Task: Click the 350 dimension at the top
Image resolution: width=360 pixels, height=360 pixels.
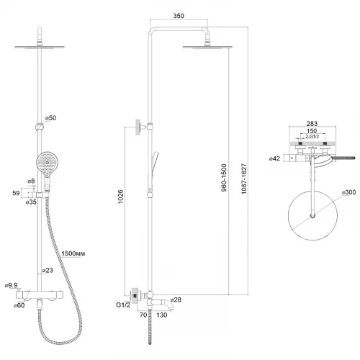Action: pyautogui.click(x=179, y=16)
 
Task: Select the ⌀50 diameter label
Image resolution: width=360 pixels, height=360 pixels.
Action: pyautogui.click(x=50, y=118)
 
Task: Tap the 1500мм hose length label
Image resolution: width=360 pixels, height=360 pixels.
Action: pyautogui.click(x=73, y=253)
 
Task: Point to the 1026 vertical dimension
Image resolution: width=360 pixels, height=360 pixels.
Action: pyautogui.click(x=120, y=197)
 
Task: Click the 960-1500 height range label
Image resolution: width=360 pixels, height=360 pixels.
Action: pyautogui.click(x=224, y=178)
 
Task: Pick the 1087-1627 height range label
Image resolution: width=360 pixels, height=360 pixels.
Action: pyautogui.click(x=244, y=179)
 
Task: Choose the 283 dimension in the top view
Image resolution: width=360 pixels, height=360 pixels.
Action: pyautogui.click(x=312, y=124)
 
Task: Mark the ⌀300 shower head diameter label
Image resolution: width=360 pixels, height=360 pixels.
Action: pyautogui.click(x=348, y=192)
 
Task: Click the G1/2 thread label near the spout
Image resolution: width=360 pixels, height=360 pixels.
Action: pyautogui.click(x=123, y=305)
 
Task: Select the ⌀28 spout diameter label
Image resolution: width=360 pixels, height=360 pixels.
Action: pyautogui.click(x=176, y=300)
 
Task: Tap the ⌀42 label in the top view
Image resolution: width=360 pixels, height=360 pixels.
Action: pyautogui.click(x=274, y=158)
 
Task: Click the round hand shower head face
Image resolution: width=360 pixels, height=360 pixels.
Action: pyautogui.click(x=48, y=163)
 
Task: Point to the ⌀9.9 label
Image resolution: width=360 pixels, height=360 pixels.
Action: pyautogui.click(x=12, y=285)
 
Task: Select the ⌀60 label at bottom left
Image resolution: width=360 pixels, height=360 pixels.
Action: pyautogui.click(x=19, y=305)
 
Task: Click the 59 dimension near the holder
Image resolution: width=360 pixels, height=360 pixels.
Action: pyautogui.click(x=16, y=193)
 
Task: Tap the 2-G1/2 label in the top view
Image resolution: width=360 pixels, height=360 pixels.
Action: pyautogui.click(x=312, y=137)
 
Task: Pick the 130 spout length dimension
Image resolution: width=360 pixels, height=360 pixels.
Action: pyautogui.click(x=162, y=315)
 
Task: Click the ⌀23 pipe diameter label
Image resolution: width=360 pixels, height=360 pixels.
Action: pyautogui.click(x=48, y=270)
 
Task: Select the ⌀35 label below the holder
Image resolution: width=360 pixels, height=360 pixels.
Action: pyautogui.click(x=31, y=202)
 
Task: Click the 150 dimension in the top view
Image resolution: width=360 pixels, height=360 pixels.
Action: pyautogui.click(x=312, y=131)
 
